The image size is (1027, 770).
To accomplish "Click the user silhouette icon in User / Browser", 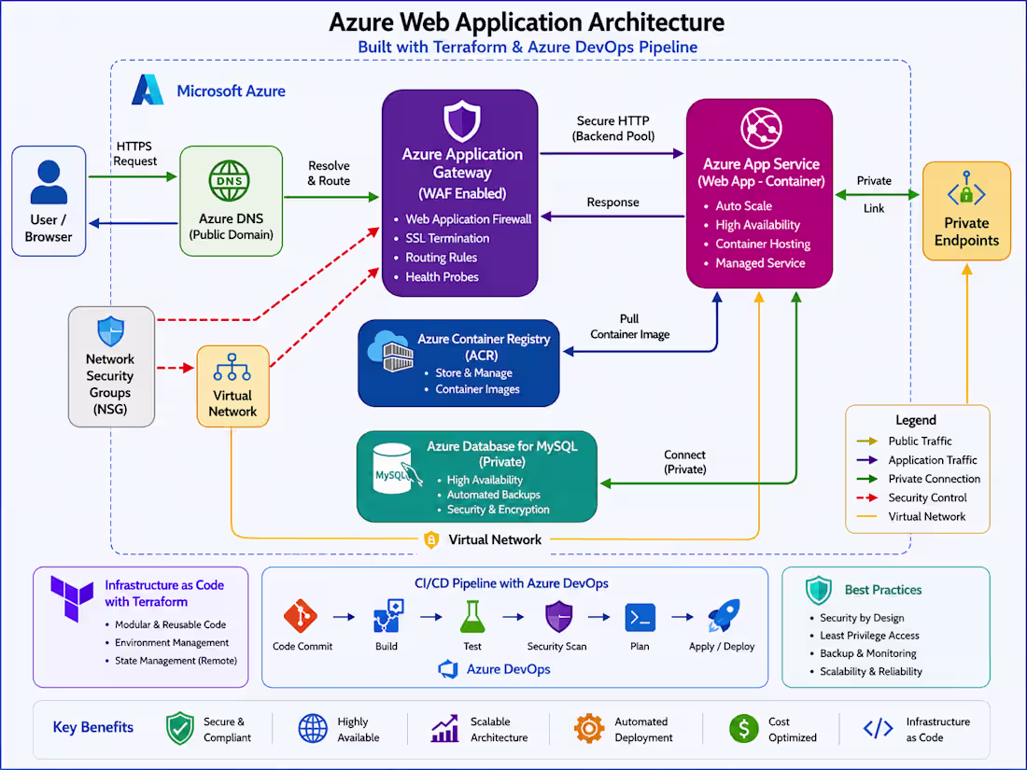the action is pyautogui.click(x=49, y=182).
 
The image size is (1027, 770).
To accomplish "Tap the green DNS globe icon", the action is pyautogui.click(x=230, y=181).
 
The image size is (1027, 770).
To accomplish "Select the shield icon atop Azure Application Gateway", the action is pyautogui.click(x=462, y=121).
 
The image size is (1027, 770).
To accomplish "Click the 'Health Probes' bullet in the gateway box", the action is pyautogui.click(x=442, y=277).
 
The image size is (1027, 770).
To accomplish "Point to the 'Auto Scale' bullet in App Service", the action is pyautogui.click(x=743, y=205).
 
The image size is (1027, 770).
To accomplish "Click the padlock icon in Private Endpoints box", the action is pyautogui.click(x=966, y=193).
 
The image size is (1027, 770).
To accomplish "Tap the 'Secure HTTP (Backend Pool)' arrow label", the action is pyautogui.click(x=613, y=129).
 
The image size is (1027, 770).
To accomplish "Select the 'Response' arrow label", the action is pyautogui.click(x=612, y=203).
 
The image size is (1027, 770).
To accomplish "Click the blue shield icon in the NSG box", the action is pyautogui.click(x=111, y=331).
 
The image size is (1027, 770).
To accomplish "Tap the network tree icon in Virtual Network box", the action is pyautogui.click(x=232, y=368).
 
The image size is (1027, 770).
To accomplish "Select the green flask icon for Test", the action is pyautogui.click(x=472, y=617).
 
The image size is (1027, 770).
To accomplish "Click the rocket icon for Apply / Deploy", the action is pyautogui.click(x=723, y=615).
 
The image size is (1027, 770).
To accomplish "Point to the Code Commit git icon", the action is pyautogui.click(x=301, y=616).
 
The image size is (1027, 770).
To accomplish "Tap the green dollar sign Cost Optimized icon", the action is pyautogui.click(x=744, y=728).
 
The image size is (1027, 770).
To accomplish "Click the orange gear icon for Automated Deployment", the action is pyautogui.click(x=589, y=728).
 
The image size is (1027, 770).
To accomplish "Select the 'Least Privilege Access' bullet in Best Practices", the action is pyautogui.click(x=869, y=635).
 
